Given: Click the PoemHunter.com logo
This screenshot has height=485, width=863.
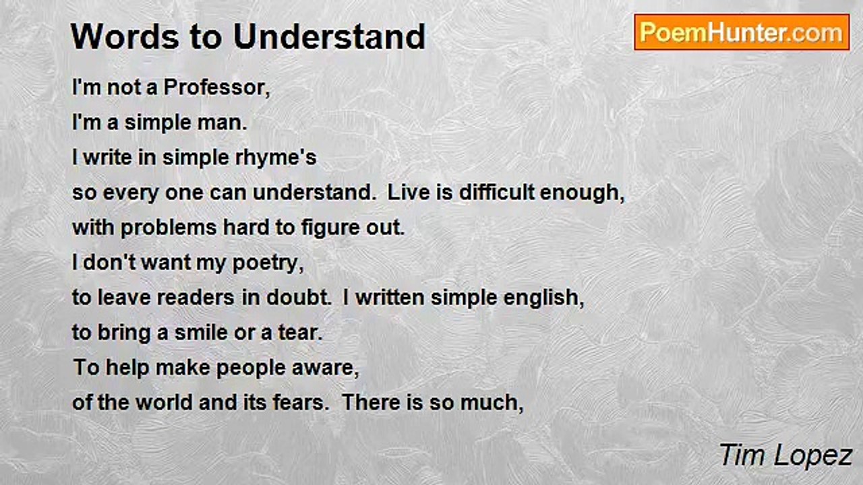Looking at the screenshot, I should coord(742,32).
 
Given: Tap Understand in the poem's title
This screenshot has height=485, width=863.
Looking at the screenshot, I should coord(330,36).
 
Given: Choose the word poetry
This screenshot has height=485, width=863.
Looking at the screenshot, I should coord(268,263).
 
